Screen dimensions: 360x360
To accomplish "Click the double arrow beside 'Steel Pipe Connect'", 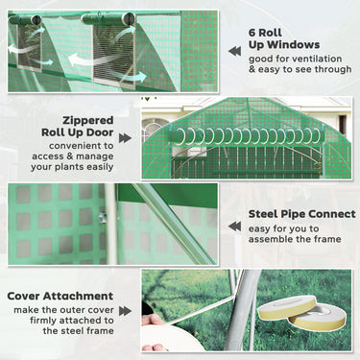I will (233, 226).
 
